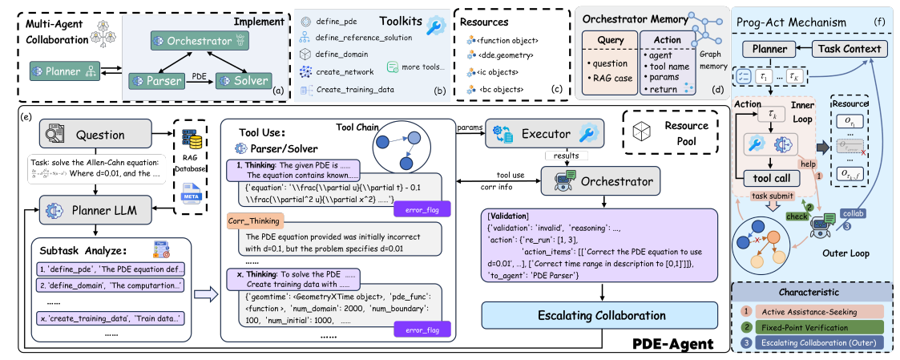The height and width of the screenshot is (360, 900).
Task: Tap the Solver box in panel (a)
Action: [244, 81]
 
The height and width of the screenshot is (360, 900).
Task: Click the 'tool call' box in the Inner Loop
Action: [771, 178]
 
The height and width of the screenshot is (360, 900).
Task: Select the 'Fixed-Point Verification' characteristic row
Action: [813, 327]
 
